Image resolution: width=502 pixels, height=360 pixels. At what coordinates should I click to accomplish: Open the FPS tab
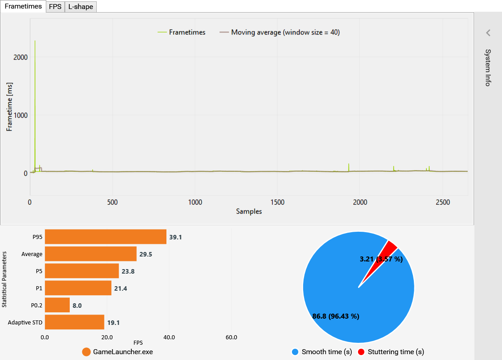coord(55,7)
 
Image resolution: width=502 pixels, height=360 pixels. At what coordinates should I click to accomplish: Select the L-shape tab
coord(81,7)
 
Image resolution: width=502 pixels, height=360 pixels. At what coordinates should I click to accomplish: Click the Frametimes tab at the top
coord(23,6)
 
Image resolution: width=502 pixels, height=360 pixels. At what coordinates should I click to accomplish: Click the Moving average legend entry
coord(279,32)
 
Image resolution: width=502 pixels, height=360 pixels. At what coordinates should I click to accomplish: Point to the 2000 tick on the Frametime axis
coord(21,57)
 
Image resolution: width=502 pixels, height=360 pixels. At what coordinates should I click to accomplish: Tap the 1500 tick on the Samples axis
coord(277,202)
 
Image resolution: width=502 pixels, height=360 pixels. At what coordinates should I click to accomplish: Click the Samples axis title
coord(249,211)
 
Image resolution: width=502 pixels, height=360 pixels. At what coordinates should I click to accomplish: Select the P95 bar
coord(106,237)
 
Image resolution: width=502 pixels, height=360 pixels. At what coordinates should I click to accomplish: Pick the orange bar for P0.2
coord(57,305)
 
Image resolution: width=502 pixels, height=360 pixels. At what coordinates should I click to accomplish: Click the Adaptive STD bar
coord(75,322)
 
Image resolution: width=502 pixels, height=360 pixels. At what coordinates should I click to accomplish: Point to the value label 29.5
coord(146,254)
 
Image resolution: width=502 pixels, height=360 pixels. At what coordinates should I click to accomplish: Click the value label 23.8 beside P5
coord(128,271)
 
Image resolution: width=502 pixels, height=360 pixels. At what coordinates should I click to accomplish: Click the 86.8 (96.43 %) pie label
coord(336,316)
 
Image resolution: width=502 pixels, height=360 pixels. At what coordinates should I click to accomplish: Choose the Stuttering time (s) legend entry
coord(391,352)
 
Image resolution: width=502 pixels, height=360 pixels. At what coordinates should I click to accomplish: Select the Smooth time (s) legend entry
coord(322,352)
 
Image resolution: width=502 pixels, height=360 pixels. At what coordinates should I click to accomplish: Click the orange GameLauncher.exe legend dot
coord(86,352)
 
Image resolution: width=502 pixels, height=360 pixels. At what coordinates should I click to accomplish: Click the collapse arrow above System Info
coord(488,33)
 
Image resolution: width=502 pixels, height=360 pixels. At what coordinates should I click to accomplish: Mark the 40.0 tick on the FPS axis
coord(169,337)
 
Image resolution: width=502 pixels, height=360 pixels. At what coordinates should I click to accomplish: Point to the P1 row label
coord(39,288)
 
